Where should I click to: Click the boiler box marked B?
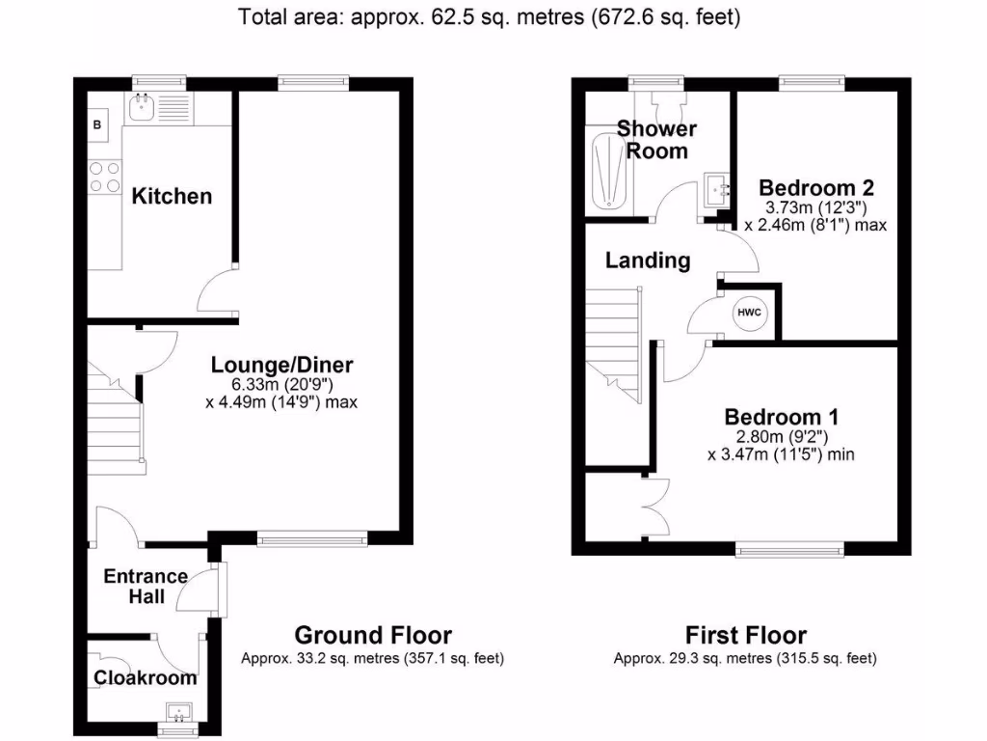coord(96,124)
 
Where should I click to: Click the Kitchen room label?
coord(172,197)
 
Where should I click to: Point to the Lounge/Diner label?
coord(282,366)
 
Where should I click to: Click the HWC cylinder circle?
coord(749,313)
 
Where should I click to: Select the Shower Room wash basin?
coord(716,188)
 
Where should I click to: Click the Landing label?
coord(648,260)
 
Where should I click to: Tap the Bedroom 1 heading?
coord(781,417)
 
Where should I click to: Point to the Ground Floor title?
coord(372,635)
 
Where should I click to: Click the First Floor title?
coord(745,635)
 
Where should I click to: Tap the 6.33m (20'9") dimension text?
coord(282,384)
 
